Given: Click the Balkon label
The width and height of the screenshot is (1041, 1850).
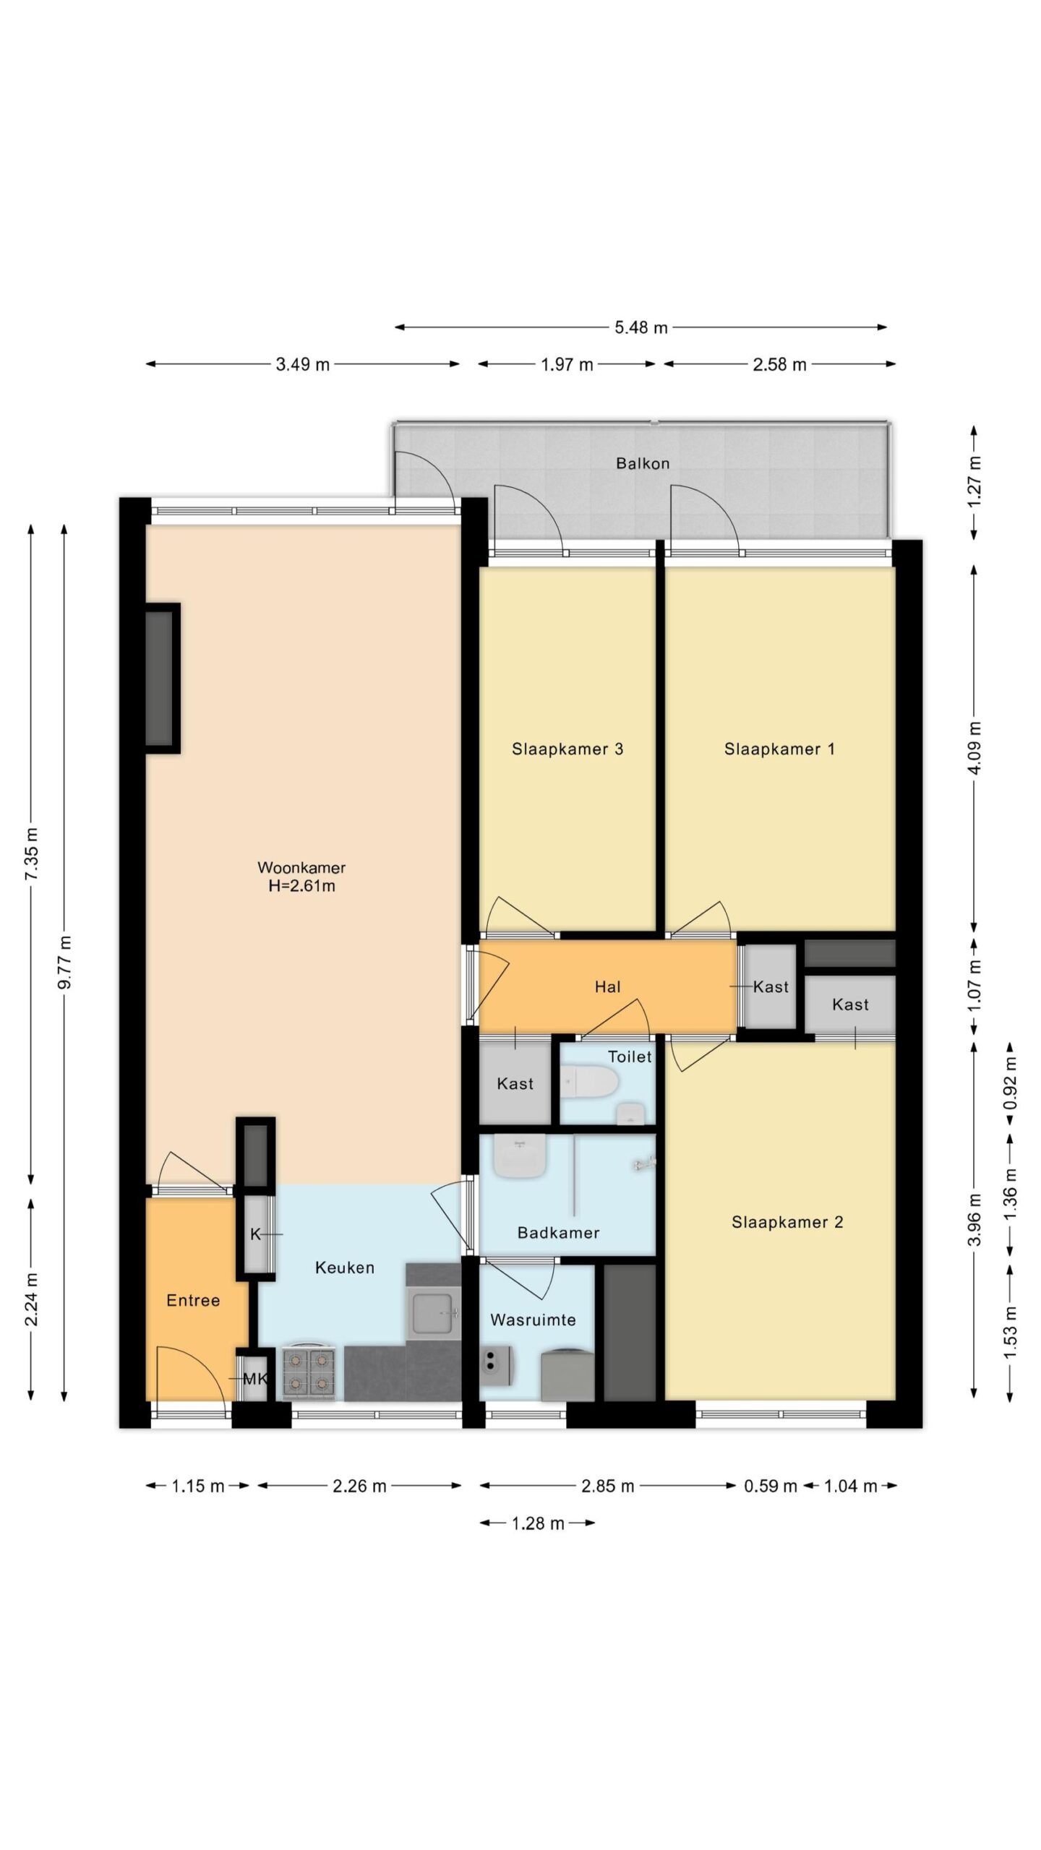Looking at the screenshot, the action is coord(642,463).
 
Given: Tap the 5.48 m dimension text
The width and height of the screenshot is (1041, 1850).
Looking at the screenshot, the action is coord(641,327).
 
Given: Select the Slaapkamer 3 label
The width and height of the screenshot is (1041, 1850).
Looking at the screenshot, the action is coord(567,749).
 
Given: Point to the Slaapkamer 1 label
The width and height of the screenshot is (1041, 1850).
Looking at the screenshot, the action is coord(779,749).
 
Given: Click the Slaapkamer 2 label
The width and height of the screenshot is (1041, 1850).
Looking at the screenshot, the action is coord(787,1222).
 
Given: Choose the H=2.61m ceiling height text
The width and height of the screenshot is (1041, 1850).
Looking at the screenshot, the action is coord(301,886).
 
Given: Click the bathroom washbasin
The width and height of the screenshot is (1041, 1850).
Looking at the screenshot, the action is coord(519,1154).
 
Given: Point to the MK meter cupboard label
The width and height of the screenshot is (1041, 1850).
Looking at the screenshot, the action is coord(255,1379).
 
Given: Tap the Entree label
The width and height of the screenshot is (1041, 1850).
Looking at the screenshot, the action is coord(193,1301).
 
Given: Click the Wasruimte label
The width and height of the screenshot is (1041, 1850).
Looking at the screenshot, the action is coord(533,1320).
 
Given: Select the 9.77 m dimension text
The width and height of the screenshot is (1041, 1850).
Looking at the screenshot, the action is coord(64,962).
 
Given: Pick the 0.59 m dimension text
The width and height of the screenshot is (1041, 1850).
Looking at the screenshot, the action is coord(770,1487).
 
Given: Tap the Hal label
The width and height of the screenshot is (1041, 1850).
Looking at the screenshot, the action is coord(607,986).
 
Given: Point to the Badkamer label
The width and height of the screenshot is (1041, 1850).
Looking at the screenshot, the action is coord(558,1233).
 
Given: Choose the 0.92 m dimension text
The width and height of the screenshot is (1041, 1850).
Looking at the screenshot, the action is coord(1010,1083).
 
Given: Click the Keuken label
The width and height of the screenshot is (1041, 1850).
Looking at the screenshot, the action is coord(345,1268).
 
